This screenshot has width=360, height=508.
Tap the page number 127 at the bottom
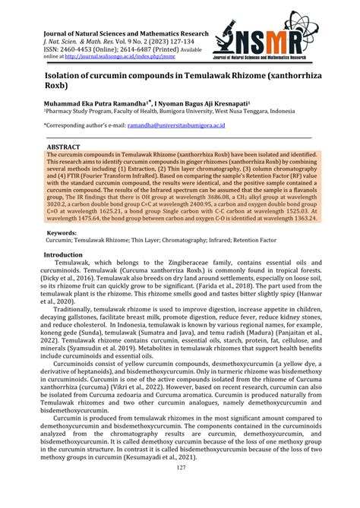click(180, 488)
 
